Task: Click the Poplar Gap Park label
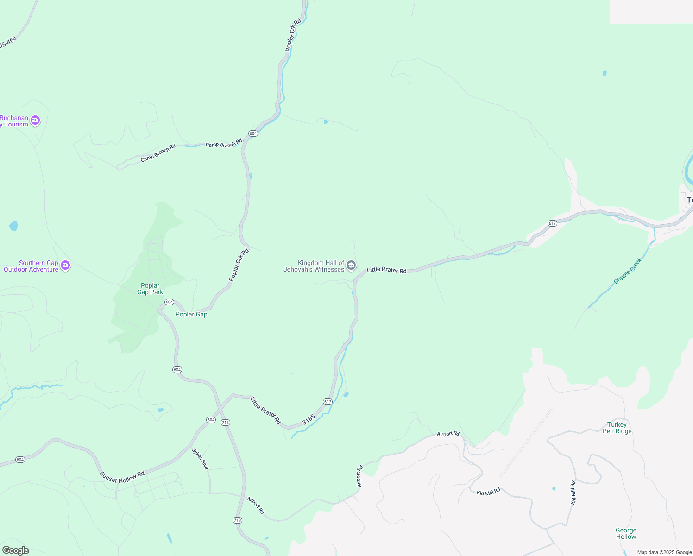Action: point(150,289)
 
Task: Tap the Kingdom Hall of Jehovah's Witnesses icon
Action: point(351,265)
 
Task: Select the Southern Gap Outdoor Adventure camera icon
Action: point(65,265)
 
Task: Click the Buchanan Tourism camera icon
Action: point(35,120)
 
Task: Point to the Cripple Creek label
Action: point(628,271)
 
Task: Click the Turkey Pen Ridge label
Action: point(617,428)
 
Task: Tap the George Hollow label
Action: point(626,533)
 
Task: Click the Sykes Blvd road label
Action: point(201,459)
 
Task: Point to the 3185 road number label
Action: point(309,419)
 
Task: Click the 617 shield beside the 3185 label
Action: point(328,402)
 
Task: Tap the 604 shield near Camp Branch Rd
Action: point(252,133)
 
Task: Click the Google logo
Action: point(15,550)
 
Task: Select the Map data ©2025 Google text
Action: point(664,552)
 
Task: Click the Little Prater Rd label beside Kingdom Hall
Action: point(386,270)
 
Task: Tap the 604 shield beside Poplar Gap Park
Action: point(169,302)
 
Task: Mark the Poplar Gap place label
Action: point(191,314)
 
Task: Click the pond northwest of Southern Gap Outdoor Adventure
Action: point(13,226)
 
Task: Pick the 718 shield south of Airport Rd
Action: point(237,520)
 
